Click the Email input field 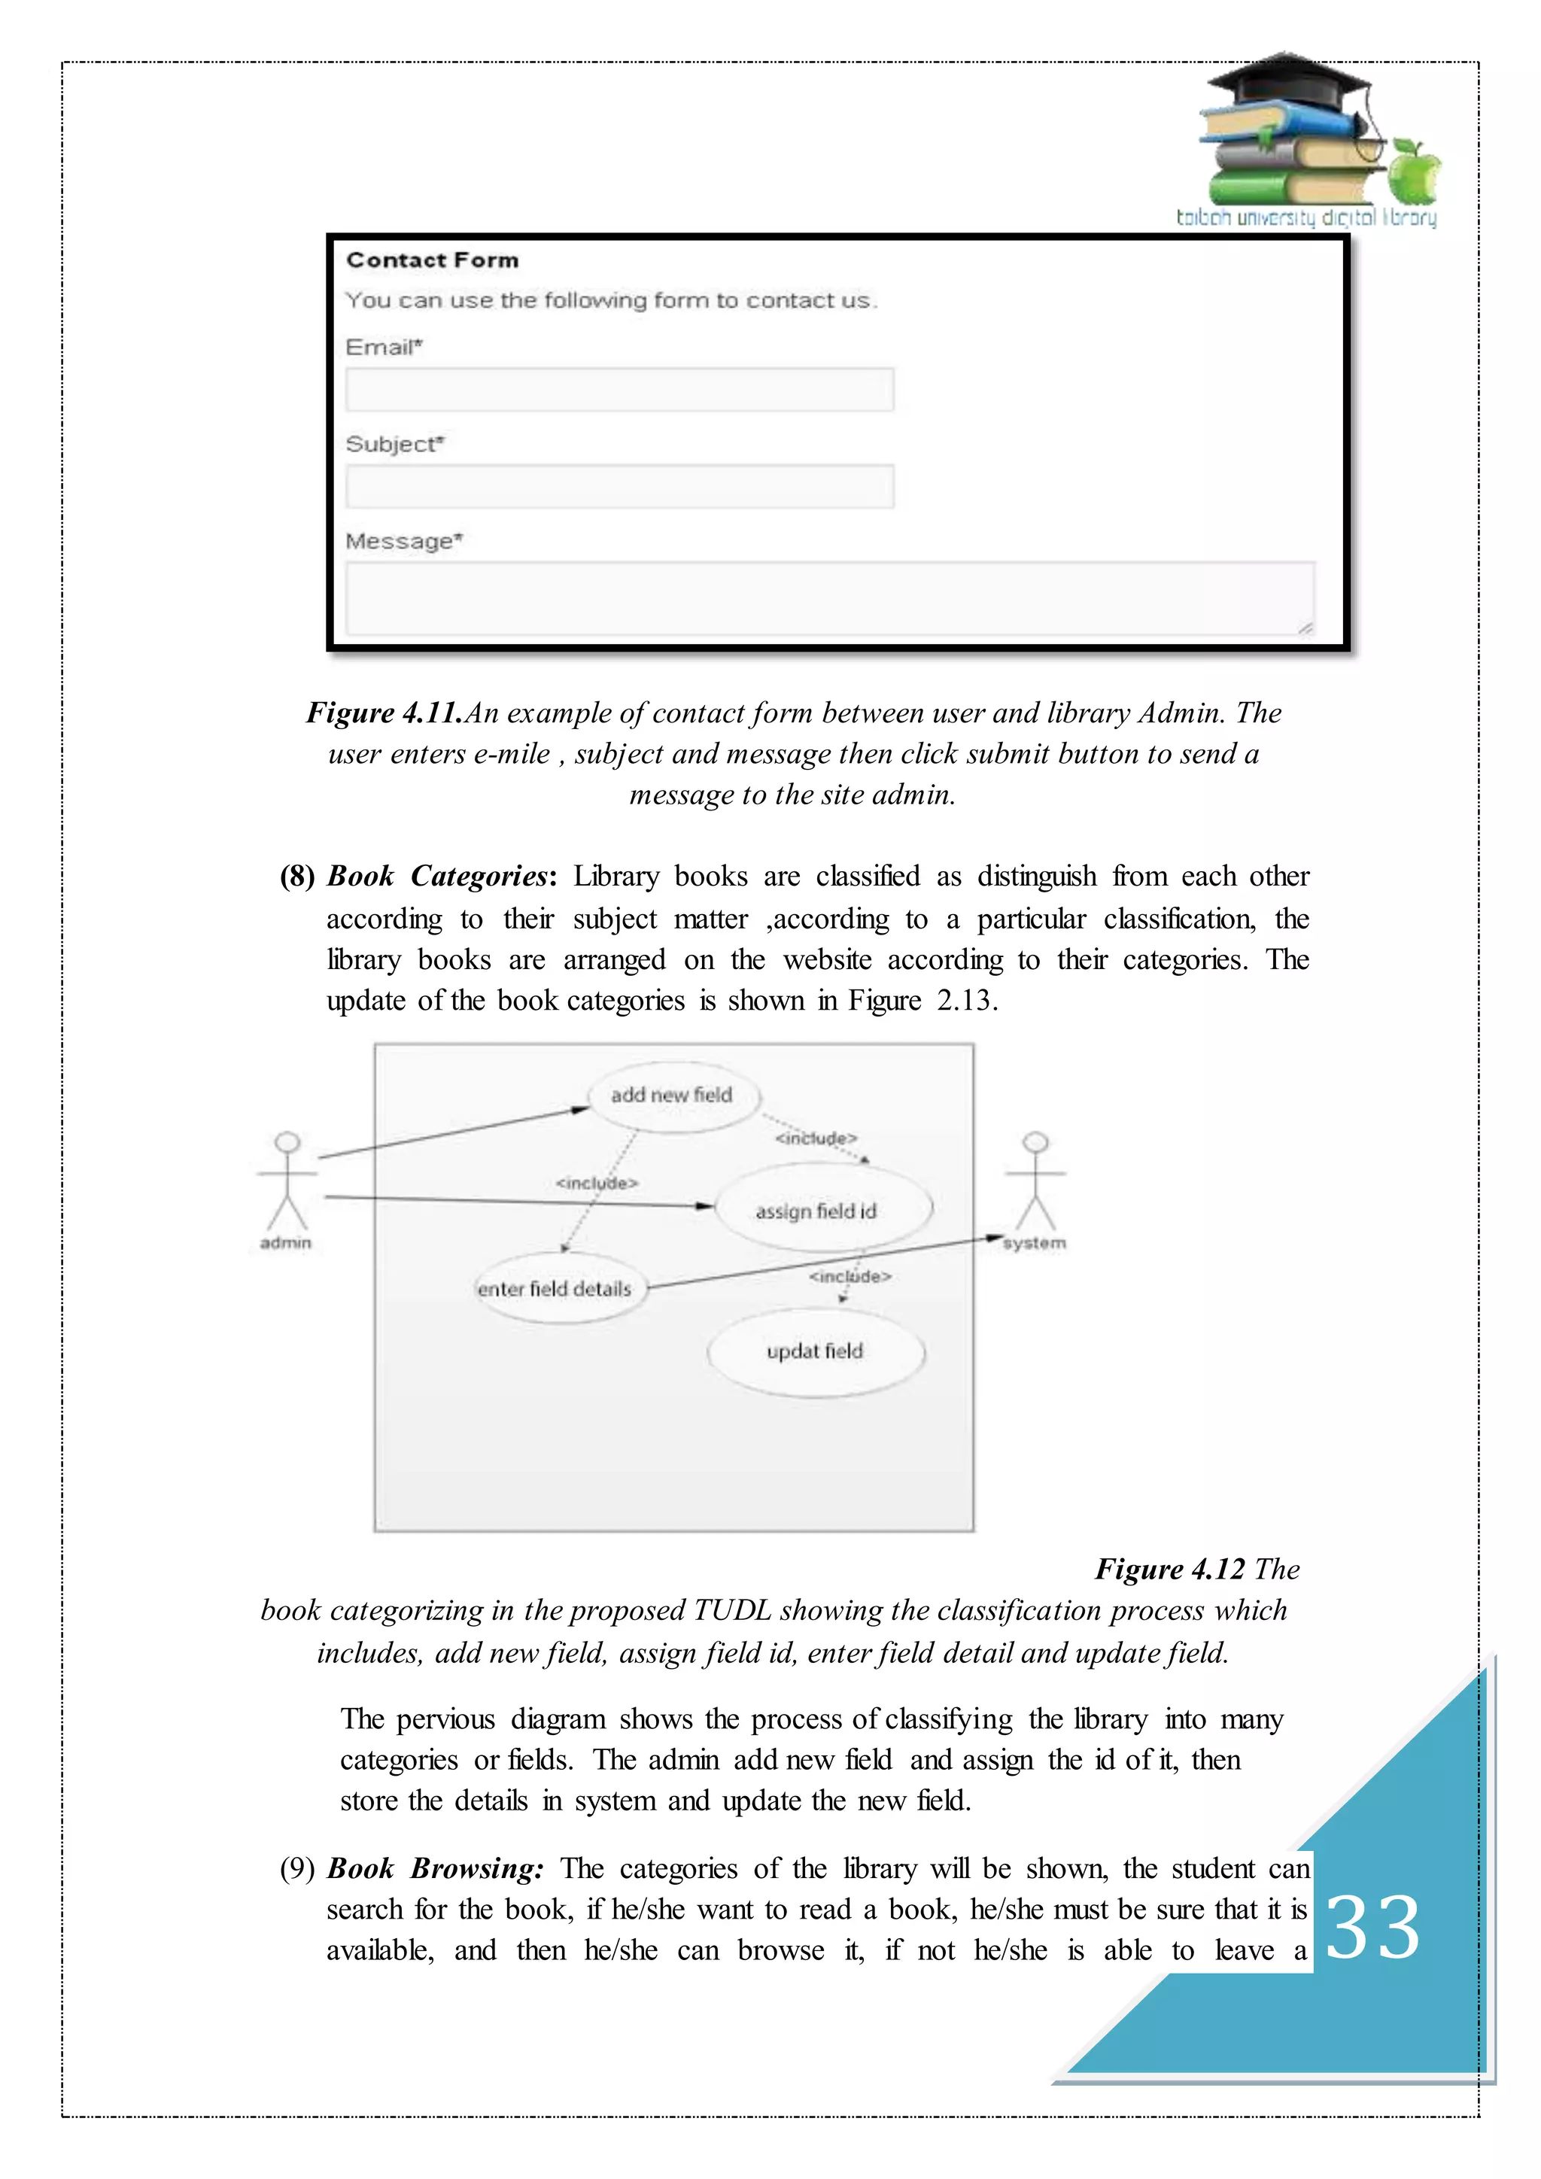point(619,389)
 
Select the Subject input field point(619,486)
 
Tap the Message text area point(829,598)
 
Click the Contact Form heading point(432,260)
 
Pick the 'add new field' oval point(672,1096)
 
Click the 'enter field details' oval point(555,1289)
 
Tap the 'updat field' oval point(815,1351)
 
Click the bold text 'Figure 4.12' point(1169,1569)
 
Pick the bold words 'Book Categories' point(437,876)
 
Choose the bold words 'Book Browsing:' point(436,1869)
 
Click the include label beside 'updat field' point(850,1276)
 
